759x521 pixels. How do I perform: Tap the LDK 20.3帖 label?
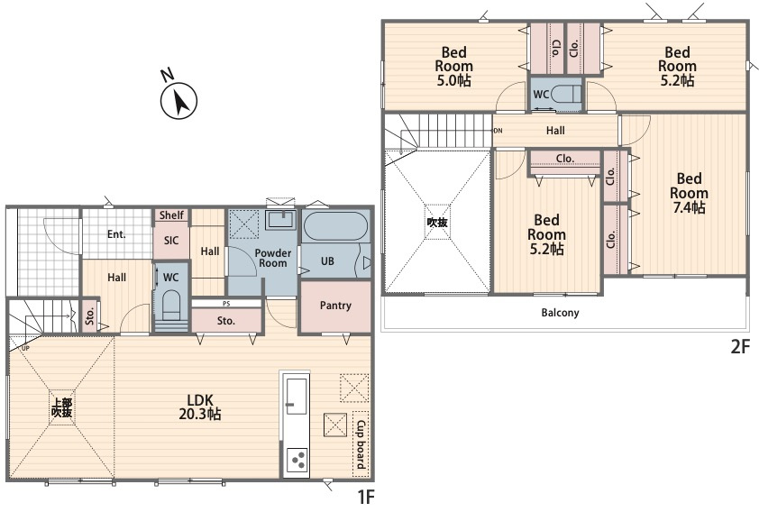click(200, 407)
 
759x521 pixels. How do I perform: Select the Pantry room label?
click(335, 306)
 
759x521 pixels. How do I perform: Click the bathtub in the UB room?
click(335, 226)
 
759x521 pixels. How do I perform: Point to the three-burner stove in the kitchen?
click(297, 460)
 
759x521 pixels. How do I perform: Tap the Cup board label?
click(361, 444)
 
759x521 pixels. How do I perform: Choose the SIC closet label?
click(171, 241)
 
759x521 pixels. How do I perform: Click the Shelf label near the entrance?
click(171, 215)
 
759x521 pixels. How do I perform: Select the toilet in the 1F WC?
click(171, 306)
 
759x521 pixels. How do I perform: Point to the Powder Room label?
click(273, 258)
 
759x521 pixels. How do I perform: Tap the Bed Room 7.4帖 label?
click(689, 193)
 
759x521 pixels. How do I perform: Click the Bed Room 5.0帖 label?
click(454, 67)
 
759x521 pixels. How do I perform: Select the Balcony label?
click(560, 313)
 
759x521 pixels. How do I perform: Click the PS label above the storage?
click(226, 304)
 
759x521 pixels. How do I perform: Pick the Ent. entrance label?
click(116, 234)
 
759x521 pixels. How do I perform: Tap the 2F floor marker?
click(740, 347)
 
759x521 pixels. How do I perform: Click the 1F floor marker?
click(366, 497)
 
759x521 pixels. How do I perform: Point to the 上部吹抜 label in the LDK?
click(62, 407)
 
